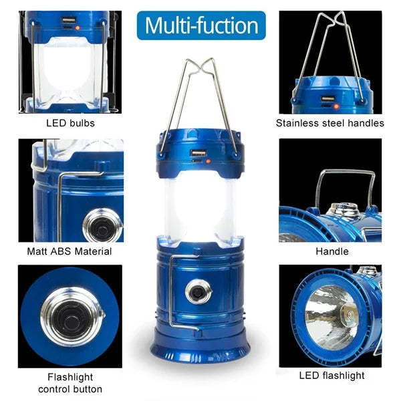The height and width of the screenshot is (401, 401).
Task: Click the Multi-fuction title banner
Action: coord(201,26)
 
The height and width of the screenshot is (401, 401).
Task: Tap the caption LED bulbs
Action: coord(70,123)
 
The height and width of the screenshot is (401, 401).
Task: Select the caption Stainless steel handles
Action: coord(330,123)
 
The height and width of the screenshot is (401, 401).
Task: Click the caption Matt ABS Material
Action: coord(70,252)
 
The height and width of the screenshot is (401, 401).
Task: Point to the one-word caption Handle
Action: coord(331,252)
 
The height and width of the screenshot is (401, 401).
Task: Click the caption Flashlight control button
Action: coord(70,383)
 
